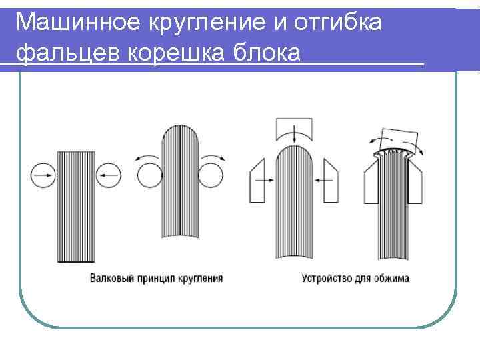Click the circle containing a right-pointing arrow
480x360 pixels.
(x=42, y=175)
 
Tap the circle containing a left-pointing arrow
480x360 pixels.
(x=108, y=175)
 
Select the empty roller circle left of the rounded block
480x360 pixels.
(x=149, y=178)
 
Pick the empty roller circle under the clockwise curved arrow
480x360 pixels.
(x=211, y=178)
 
